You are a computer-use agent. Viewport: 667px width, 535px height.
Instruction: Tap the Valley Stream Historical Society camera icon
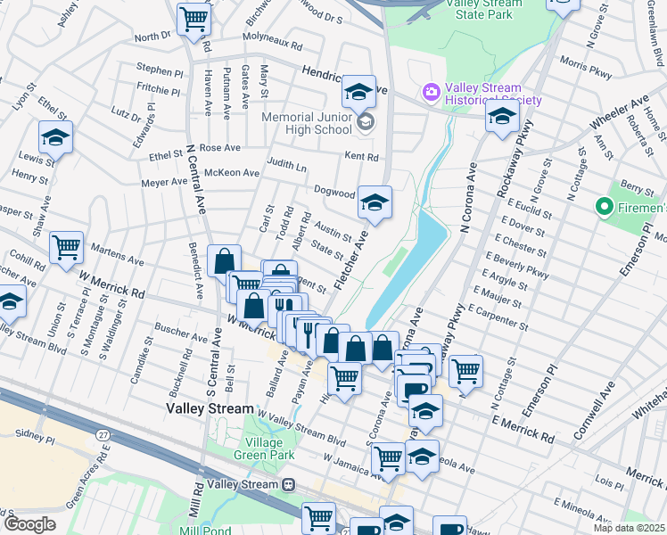pos(432,92)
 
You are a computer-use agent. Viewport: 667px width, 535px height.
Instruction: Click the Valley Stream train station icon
pos(288,484)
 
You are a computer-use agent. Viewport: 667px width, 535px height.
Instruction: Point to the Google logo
pos(29,524)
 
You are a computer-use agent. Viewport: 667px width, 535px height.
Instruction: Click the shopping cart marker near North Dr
pos(193,18)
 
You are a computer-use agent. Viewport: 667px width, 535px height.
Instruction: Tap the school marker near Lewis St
pos(54,138)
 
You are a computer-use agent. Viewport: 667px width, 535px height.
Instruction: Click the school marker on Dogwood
pos(375,202)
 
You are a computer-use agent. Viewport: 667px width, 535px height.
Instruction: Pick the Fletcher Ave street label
pos(350,258)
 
